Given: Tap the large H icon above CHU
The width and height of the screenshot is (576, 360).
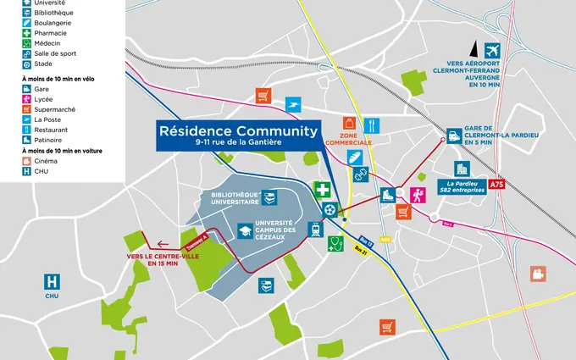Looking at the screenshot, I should [x=53, y=281].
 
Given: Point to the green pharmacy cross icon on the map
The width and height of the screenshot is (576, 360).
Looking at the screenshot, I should [x=322, y=189].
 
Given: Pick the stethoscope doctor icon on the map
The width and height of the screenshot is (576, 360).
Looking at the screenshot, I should [x=335, y=244].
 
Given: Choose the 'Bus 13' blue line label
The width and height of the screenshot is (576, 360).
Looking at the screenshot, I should [x=366, y=241].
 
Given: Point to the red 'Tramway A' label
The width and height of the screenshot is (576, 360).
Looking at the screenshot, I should [x=196, y=243].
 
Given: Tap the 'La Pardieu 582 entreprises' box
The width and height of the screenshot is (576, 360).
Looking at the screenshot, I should [x=460, y=186].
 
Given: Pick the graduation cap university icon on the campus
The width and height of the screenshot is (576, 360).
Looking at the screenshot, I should [x=245, y=230].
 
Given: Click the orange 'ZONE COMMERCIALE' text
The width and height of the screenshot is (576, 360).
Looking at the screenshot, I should [x=356, y=138].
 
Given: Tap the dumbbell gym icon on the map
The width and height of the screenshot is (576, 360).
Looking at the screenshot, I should [x=359, y=175].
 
